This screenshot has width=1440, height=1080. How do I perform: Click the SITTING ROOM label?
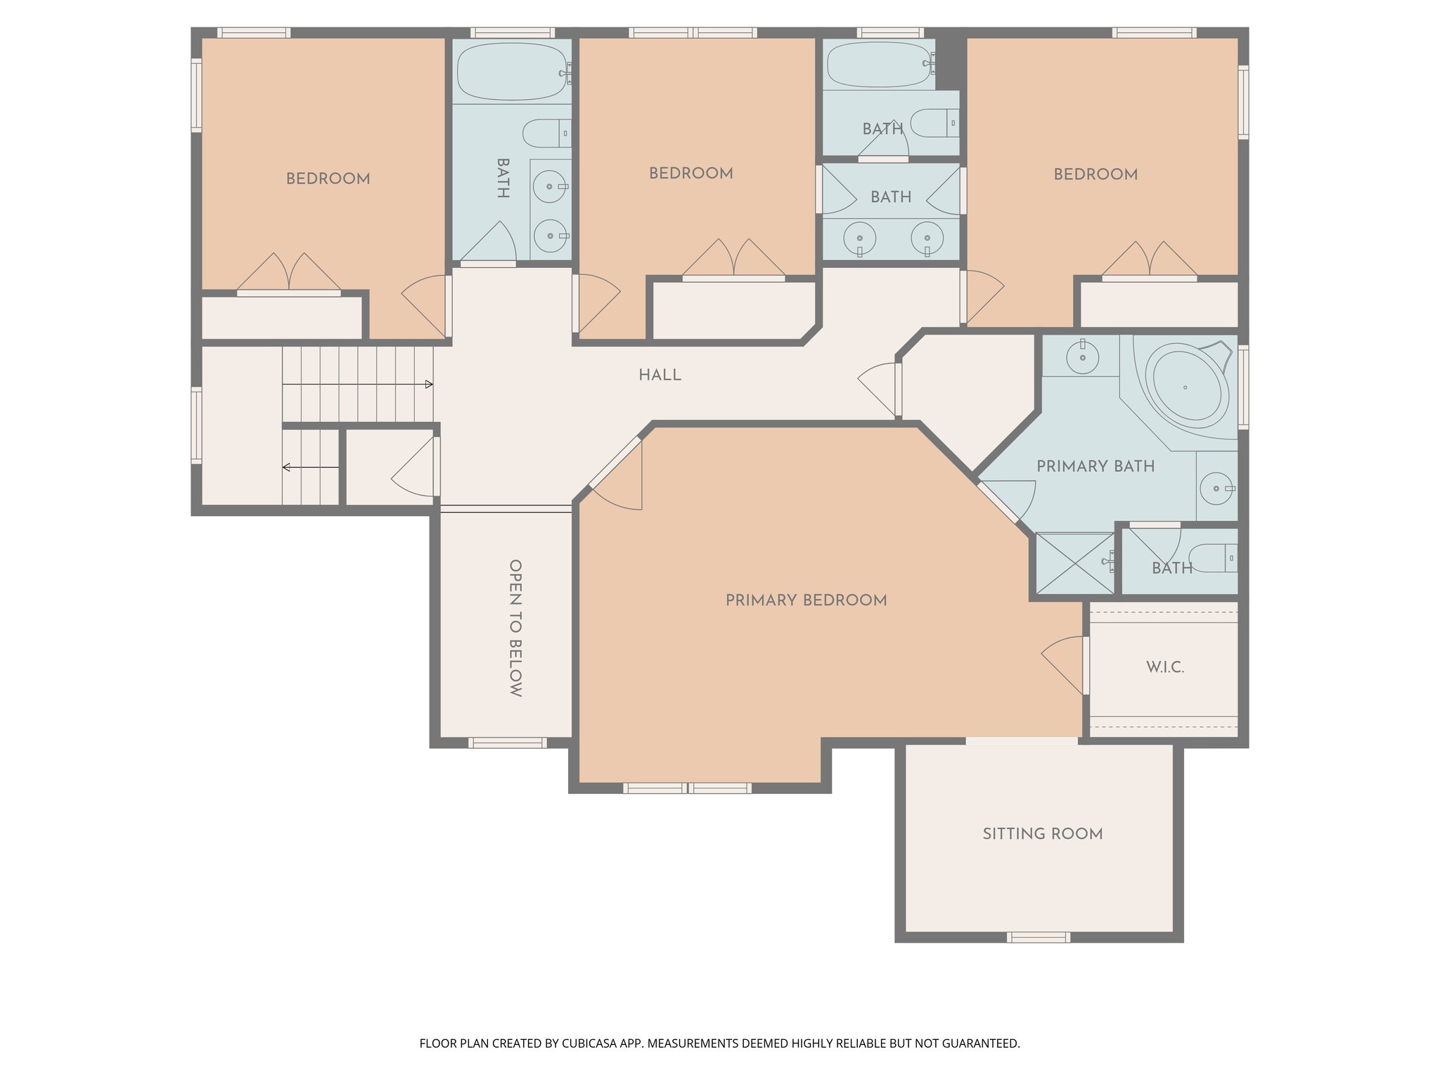pos(1042,834)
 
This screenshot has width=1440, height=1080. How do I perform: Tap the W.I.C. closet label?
pos(1165,667)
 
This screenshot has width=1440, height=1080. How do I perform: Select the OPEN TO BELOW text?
pos(515,628)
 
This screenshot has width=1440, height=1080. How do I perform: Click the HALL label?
pos(660,375)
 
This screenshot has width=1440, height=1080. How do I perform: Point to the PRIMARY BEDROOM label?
pos(806,600)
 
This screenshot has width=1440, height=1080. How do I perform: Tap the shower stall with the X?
pos(1075,563)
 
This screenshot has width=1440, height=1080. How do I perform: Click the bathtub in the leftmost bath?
pos(512,72)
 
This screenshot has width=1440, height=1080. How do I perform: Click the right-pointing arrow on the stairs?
pos(427,385)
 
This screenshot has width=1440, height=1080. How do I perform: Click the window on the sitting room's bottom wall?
pos(1039,937)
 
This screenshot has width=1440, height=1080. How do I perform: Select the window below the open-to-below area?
pos(507,742)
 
